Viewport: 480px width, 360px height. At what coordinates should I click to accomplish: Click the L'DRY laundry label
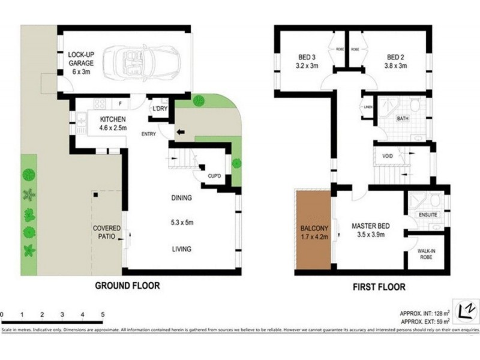[x=159, y=109]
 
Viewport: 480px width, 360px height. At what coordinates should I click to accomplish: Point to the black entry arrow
[x=180, y=131]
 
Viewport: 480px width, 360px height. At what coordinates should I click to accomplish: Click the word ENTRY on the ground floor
[x=149, y=133]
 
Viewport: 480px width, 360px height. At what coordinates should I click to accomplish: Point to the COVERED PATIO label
[x=106, y=233]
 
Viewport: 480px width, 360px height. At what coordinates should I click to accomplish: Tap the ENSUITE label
[x=428, y=214]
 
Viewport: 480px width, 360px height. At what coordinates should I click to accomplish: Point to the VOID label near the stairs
[x=388, y=156]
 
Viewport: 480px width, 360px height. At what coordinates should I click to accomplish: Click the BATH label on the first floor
[x=403, y=119]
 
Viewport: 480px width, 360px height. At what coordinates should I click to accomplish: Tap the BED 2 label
[x=395, y=62]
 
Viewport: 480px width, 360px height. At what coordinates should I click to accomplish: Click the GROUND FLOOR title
[x=128, y=286]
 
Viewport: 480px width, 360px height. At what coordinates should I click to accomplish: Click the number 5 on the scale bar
[x=103, y=314]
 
